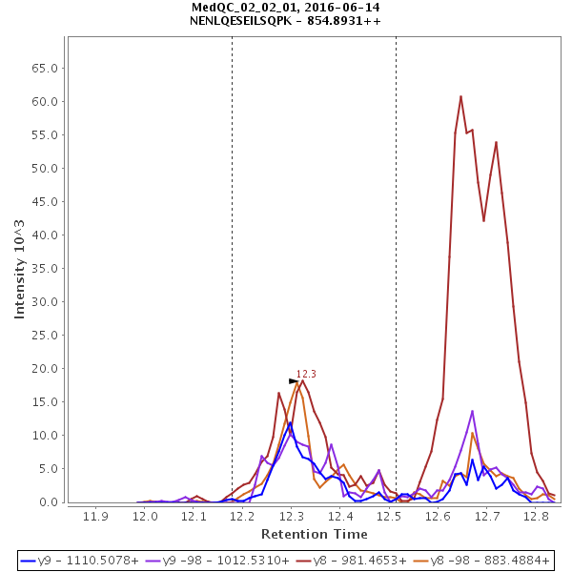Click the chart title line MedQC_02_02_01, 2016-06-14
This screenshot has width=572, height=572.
pyautogui.click(x=286, y=7)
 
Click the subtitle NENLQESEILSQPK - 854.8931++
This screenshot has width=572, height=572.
pyautogui.click(x=286, y=20)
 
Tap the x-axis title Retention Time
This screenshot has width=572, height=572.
pyautogui.click(x=314, y=534)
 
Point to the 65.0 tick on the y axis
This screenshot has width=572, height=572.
pyautogui.click(x=47, y=69)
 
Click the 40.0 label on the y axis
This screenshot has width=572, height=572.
pyautogui.click(x=47, y=235)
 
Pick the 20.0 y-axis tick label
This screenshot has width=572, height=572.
pyautogui.click(x=47, y=369)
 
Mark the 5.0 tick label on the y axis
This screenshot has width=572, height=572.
pyautogui.click(x=50, y=469)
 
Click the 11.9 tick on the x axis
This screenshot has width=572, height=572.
pyautogui.click(x=95, y=516)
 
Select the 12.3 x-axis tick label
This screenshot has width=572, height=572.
pyautogui.click(x=291, y=516)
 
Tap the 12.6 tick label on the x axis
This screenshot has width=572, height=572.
pyautogui.click(x=438, y=516)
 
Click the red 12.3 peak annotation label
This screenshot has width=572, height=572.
pyautogui.click(x=306, y=375)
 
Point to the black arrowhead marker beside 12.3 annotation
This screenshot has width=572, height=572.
pyautogui.click(x=294, y=381)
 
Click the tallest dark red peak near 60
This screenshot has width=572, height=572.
pyautogui.click(x=460, y=96)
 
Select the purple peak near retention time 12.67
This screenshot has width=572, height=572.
pyautogui.click(x=472, y=411)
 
